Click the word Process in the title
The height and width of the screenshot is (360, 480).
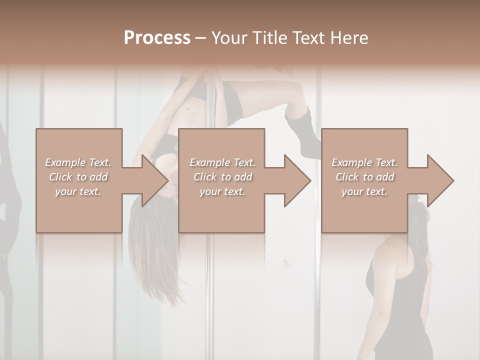point(157,38)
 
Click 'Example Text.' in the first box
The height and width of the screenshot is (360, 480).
point(78,162)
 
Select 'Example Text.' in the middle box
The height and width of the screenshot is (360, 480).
point(222,162)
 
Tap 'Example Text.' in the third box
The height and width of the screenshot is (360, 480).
point(364,162)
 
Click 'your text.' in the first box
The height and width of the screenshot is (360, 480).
point(78,191)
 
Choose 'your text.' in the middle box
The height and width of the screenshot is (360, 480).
point(222,191)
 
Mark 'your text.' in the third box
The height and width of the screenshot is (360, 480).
point(364,191)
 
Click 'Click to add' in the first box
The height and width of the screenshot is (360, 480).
point(78,177)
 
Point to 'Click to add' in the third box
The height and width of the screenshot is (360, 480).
point(364,177)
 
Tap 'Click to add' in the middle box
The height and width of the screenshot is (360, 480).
point(222,177)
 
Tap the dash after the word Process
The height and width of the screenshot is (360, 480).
point(201,38)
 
